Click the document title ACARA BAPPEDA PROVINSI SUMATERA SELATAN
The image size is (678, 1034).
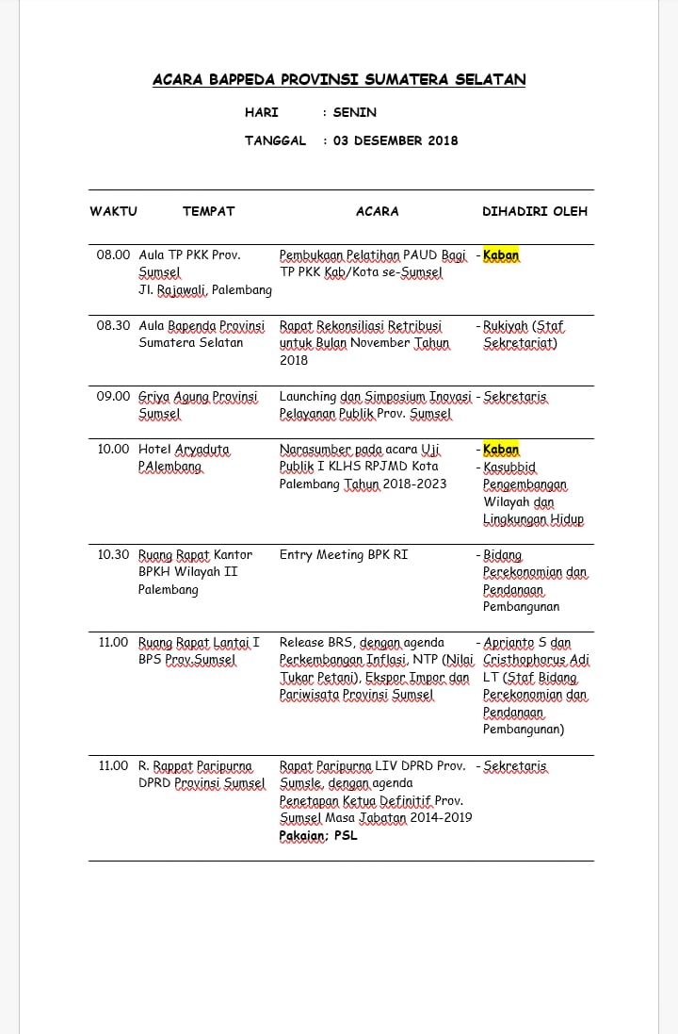click(x=339, y=80)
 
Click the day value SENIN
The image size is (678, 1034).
click(x=354, y=112)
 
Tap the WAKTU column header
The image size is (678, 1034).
click(x=113, y=211)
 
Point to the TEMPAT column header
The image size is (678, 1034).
click(x=208, y=211)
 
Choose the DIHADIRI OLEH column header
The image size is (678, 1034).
click(x=534, y=211)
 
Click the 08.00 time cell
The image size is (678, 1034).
click(x=113, y=255)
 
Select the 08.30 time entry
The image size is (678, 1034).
click(x=113, y=326)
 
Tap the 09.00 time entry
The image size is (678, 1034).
click(x=113, y=397)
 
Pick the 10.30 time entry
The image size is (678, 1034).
click(x=113, y=555)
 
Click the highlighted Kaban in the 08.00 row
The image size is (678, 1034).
click(x=501, y=255)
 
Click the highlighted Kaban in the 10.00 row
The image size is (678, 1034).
click(x=501, y=450)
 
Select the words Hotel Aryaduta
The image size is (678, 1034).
click(x=184, y=450)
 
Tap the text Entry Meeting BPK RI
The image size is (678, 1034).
click(x=344, y=555)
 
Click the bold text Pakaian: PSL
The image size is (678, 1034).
click(x=318, y=835)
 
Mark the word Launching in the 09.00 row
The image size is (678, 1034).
click(x=308, y=397)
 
